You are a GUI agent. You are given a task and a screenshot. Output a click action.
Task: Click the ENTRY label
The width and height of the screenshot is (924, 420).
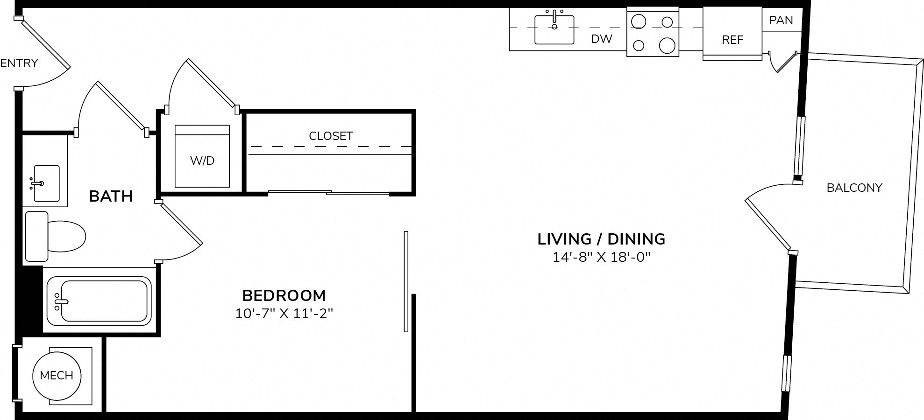[x=19, y=63]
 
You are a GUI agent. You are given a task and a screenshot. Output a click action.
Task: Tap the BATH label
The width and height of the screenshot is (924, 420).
[x=111, y=196]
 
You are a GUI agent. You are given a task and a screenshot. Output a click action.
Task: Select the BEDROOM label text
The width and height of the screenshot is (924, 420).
[x=284, y=295]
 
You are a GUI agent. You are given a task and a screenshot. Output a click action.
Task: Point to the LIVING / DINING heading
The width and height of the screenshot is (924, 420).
[x=601, y=239]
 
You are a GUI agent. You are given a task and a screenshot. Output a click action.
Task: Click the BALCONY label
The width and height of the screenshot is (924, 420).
[x=854, y=188]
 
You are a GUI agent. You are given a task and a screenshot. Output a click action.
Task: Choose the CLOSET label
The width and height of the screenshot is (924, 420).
[x=331, y=136]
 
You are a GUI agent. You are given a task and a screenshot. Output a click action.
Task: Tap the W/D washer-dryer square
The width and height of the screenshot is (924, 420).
[x=202, y=156]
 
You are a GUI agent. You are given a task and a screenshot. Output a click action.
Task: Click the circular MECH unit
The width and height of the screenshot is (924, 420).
[x=57, y=375]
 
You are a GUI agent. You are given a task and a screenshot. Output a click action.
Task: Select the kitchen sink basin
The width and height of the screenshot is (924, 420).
[x=554, y=29]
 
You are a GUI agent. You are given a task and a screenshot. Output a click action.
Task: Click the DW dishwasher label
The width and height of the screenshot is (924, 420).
[x=602, y=39]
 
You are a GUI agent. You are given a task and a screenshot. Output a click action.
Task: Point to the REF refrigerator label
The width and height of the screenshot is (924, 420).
[x=732, y=40]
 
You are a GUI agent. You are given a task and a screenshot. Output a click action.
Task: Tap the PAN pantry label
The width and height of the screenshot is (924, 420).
[x=781, y=20]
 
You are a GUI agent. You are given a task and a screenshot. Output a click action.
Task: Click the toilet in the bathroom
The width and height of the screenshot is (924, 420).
[x=55, y=236]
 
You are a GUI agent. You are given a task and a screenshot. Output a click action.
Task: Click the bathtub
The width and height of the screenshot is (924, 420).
[x=99, y=301]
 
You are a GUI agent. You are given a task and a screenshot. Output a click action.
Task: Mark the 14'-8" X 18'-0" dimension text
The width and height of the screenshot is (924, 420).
[x=601, y=257]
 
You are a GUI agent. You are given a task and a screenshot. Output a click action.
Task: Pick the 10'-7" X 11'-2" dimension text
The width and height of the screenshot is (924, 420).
[x=284, y=313]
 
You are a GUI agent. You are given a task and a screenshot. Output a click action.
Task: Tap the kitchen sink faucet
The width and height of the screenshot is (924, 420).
[x=554, y=20]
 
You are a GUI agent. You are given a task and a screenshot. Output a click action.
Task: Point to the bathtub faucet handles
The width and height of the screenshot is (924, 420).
[x=57, y=301]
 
